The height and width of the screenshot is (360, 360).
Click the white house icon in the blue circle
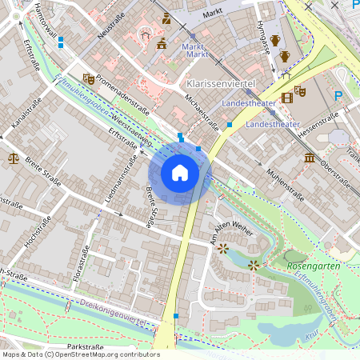click(180, 173)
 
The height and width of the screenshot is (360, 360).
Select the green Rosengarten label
click(314, 266)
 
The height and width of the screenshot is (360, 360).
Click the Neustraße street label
click(108, 30)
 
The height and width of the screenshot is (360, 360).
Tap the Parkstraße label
click(86, 346)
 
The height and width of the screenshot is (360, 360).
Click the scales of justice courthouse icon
click(13, 158)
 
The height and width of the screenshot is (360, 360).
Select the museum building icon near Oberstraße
click(310, 158)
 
